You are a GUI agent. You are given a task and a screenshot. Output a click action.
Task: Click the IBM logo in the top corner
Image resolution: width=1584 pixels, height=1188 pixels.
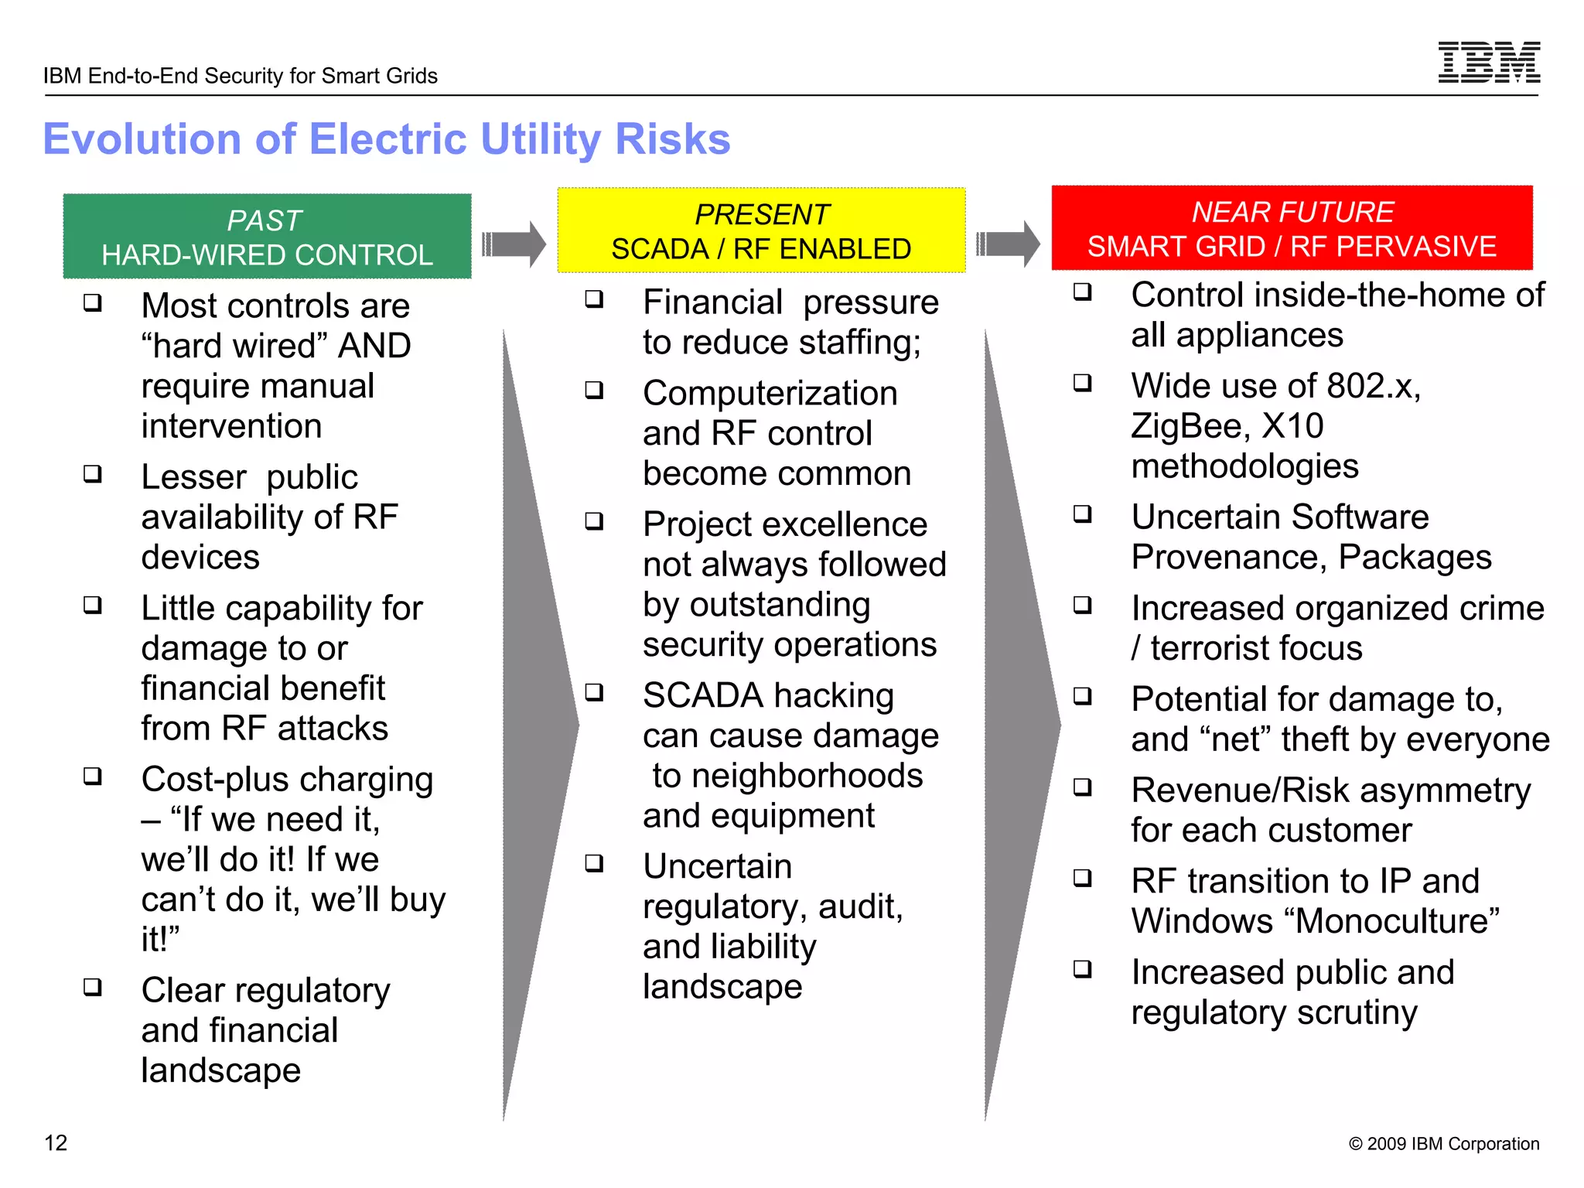point(1489,62)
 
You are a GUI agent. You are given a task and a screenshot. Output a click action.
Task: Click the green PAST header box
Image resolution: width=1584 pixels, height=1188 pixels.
point(267,236)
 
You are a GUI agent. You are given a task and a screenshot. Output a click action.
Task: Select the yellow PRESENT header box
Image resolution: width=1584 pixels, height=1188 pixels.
point(761,230)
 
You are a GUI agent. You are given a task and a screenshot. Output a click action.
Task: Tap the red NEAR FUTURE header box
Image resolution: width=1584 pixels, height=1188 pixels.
point(1292,228)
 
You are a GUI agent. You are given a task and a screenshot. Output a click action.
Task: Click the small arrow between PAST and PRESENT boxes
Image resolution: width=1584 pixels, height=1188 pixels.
point(514,244)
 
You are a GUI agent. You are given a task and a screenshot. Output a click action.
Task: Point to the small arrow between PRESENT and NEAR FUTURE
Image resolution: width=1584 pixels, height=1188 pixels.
point(1008,244)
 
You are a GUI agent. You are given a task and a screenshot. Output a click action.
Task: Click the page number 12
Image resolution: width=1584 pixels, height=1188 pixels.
point(56,1143)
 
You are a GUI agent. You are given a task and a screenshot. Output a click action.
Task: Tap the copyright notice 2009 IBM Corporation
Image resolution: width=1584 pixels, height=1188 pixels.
point(1443,1144)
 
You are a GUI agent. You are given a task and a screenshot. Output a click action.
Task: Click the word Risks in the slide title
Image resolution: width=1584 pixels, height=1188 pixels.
point(672,139)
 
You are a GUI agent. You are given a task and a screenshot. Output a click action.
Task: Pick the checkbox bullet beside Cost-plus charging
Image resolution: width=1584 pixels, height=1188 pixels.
point(93,776)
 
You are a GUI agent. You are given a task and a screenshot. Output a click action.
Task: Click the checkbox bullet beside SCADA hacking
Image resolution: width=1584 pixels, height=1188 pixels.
point(594,692)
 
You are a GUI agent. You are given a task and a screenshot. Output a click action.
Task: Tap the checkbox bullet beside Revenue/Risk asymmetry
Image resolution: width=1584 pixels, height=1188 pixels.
point(1083,787)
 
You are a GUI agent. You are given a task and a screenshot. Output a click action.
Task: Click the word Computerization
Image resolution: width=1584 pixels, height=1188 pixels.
point(770,394)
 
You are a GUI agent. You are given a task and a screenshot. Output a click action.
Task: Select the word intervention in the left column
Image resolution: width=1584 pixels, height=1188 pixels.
point(231,426)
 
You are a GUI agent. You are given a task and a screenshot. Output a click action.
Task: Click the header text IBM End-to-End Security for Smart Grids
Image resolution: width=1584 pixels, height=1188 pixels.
point(241,76)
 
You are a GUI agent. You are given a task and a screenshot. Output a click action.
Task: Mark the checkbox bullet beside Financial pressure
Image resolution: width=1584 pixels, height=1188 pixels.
point(594,299)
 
